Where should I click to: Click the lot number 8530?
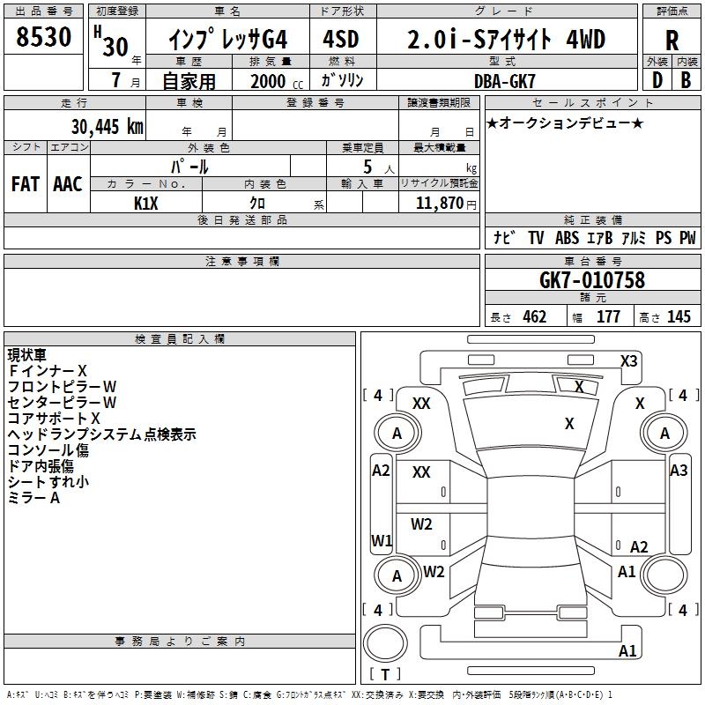click(x=44, y=39)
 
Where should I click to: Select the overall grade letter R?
click(x=672, y=41)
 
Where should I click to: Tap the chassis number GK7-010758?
click(x=591, y=280)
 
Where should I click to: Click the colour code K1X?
click(x=145, y=203)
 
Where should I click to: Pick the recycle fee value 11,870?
click(x=439, y=203)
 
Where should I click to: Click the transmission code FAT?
click(x=25, y=184)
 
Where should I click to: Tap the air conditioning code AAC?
click(x=68, y=184)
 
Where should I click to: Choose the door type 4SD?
click(x=342, y=40)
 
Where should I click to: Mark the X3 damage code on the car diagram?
click(x=629, y=360)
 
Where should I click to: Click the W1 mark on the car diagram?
click(x=381, y=540)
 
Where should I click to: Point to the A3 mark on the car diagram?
click(x=679, y=471)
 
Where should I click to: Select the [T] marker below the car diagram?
click(x=385, y=674)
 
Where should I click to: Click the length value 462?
click(x=534, y=317)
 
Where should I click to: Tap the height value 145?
click(x=679, y=317)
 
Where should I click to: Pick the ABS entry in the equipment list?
click(x=567, y=238)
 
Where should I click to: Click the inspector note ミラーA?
click(x=33, y=498)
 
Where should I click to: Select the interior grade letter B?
click(x=686, y=79)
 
